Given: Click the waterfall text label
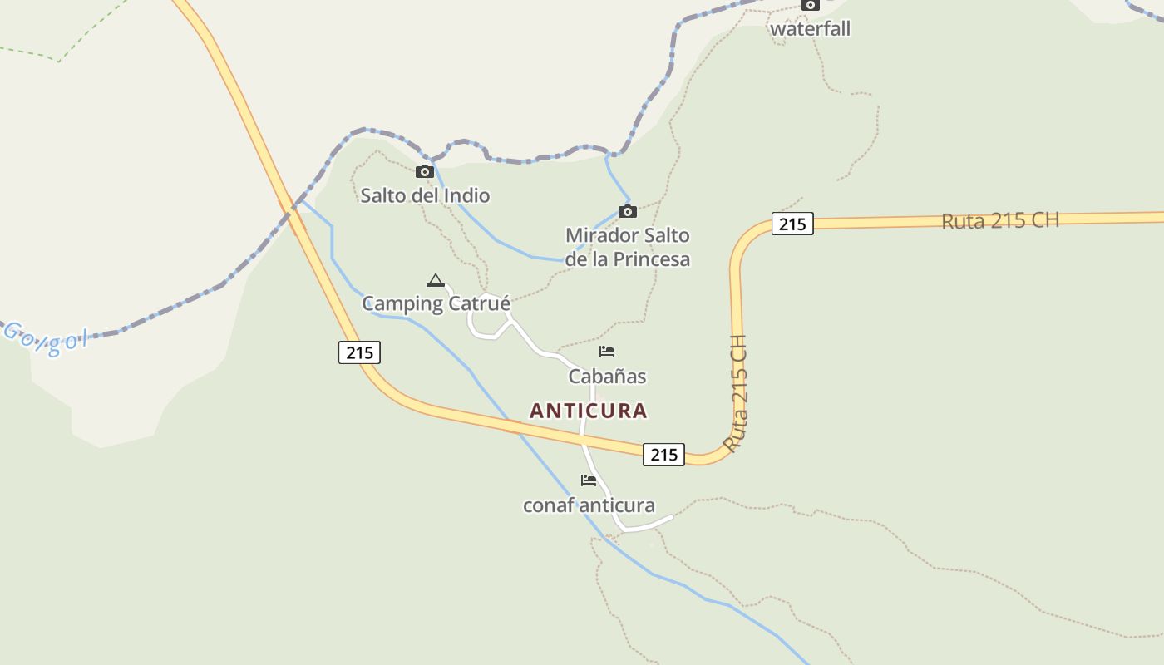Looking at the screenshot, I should (x=810, y=29).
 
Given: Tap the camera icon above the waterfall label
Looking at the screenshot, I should (x=811, y=5).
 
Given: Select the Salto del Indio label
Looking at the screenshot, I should (x=425, y=196).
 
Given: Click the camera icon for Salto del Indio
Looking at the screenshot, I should (x=425, y=172).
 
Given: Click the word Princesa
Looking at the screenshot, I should (x=651, y=259).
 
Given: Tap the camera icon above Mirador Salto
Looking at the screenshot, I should (x=628, y=212).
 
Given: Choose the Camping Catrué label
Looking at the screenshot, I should (x=436, y=304).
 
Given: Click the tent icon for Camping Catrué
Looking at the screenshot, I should (x=435, y=280).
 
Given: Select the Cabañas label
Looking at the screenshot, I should (x=607, y=377).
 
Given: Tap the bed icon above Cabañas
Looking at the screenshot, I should (x=607, y=352).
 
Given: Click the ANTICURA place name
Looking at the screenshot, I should (x=588, y=411).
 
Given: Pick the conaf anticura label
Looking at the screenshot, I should (x=589, y=505).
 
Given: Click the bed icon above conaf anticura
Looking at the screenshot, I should (x=589, y=480).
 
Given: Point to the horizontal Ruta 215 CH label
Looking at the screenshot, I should (x=1000, y=221).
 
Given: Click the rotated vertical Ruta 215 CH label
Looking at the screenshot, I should (x=736, y=393).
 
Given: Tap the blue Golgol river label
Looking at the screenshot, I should (x=46, y=338).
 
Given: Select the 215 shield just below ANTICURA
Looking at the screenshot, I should (x=663, y=455).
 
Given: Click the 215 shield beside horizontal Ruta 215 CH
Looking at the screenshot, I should (x=792, y=224).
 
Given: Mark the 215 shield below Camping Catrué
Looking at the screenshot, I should (x=359, y=352).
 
